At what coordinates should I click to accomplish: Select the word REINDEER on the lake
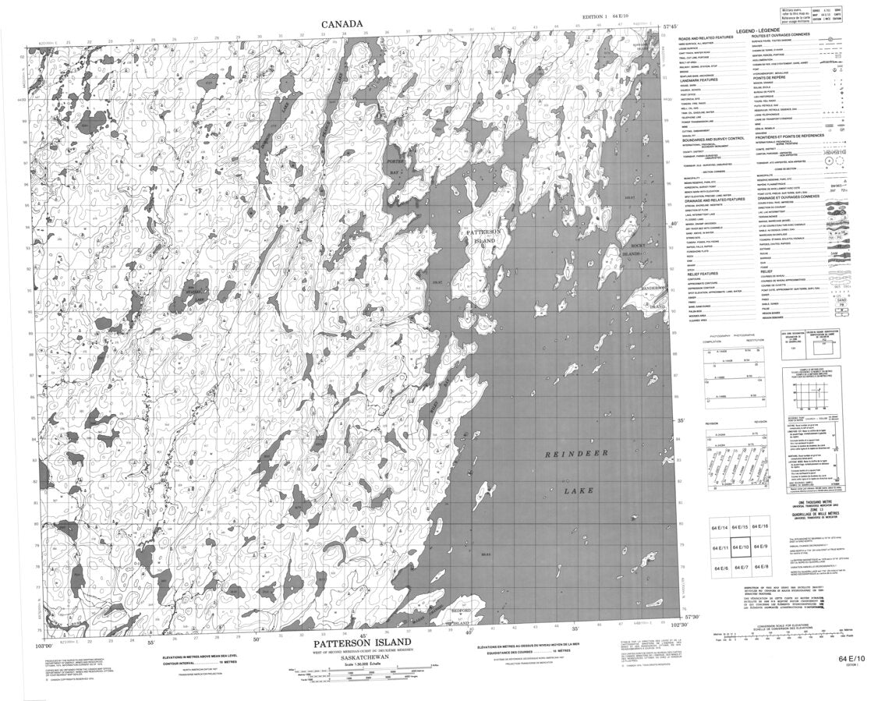[575, 453]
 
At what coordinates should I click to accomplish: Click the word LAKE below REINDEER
[579, 491]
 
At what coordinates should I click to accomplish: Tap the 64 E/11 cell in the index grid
[720, 549]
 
